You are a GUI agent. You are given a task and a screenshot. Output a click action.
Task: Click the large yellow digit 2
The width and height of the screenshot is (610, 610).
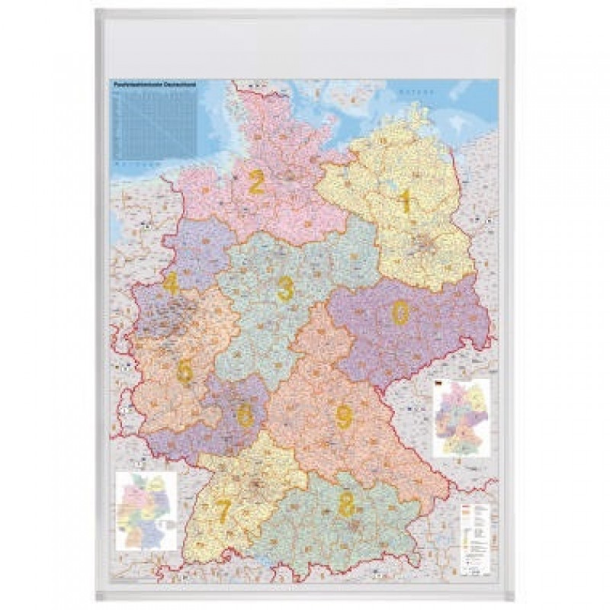coord(256,183)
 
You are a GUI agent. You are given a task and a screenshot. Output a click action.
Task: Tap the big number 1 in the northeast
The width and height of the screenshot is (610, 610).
coord(406,202)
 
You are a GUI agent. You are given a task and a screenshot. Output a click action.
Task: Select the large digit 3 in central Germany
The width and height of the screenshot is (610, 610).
coord(285,289)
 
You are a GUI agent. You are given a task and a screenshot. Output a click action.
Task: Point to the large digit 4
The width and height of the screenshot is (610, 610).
coord(171,284)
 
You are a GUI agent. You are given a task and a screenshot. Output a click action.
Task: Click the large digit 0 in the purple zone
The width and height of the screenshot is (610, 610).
coord(400,312)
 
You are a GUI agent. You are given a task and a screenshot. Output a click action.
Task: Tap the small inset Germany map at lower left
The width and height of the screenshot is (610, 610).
coord(145,509)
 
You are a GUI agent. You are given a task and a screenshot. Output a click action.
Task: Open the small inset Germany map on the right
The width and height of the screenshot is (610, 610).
coord(461,417)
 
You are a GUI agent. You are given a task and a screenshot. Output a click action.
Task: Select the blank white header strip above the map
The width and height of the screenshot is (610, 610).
coord(305,46)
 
